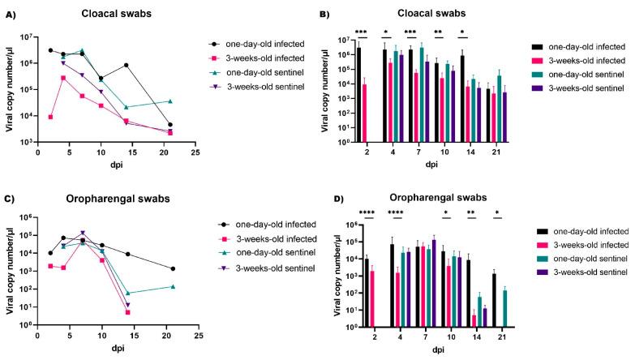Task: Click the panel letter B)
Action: click(324, 15)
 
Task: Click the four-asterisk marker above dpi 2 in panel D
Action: click(374, 213)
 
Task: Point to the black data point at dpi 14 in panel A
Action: click(126, 65)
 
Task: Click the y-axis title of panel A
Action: click(11, 89)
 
